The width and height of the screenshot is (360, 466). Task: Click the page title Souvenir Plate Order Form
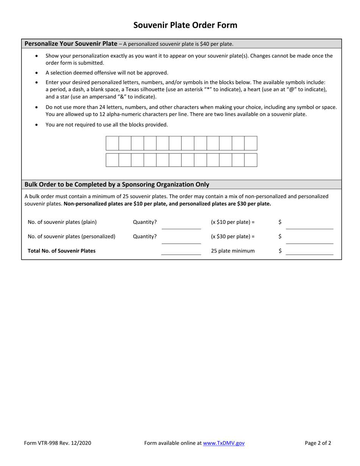click(185, 25)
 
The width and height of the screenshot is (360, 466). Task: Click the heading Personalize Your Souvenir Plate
click(71, 44)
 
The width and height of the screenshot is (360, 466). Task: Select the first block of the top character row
click(112, 143)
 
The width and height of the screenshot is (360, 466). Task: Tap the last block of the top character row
click(250, 143)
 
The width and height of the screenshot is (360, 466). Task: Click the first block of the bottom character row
click(112, 160)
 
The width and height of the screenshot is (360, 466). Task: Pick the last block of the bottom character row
click(250, 160)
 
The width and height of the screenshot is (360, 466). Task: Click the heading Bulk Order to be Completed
click(117, 185)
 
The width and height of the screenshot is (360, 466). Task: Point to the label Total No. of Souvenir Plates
click(62, 250)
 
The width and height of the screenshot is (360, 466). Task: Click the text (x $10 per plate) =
click(233, 222)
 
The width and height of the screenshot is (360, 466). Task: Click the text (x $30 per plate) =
click(233, 236)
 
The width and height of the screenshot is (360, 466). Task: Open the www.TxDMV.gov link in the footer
click(224, 443)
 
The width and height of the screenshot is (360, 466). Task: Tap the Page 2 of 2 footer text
click(318, 443)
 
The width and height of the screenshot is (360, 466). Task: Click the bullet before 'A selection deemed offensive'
click(36, 73)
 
